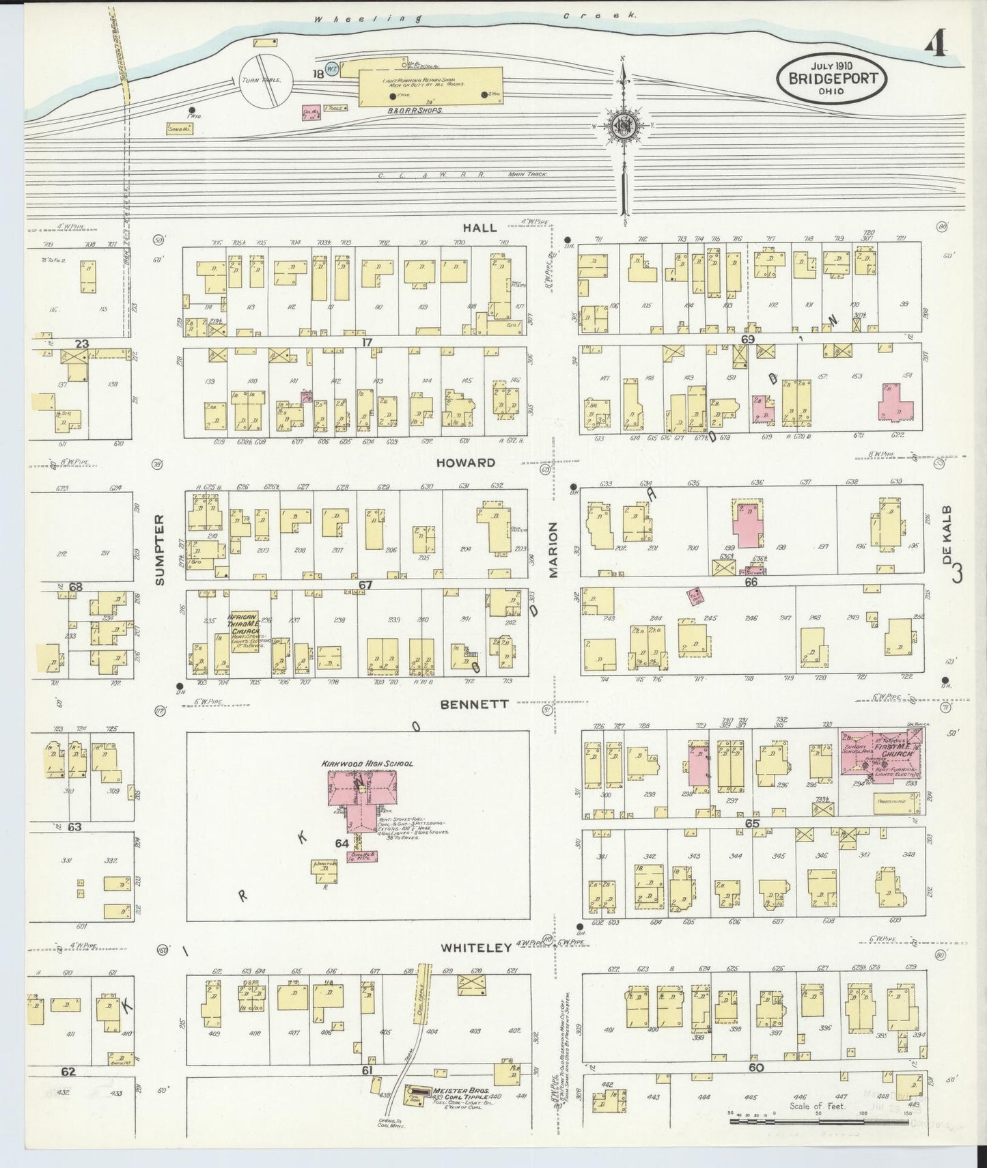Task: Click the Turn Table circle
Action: pos(266,81)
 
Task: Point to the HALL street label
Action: pos(479,228)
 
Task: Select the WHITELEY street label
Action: pos(476,947)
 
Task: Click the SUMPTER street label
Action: pos(160,550)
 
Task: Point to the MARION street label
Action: pos(553,550)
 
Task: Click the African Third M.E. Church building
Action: pos(244,630)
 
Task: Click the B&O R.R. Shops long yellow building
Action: pos(430,87)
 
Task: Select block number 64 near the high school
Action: pos(342,843)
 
